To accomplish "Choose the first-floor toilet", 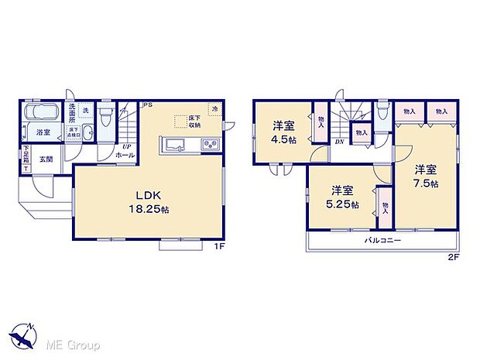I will (x=108, y=121).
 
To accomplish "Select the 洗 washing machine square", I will (x=87, y=109).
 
